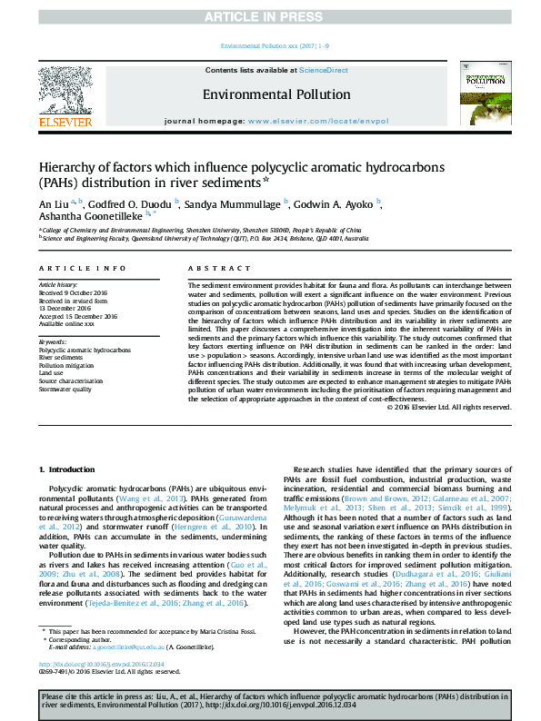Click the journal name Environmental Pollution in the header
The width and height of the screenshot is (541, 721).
(276, 94)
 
